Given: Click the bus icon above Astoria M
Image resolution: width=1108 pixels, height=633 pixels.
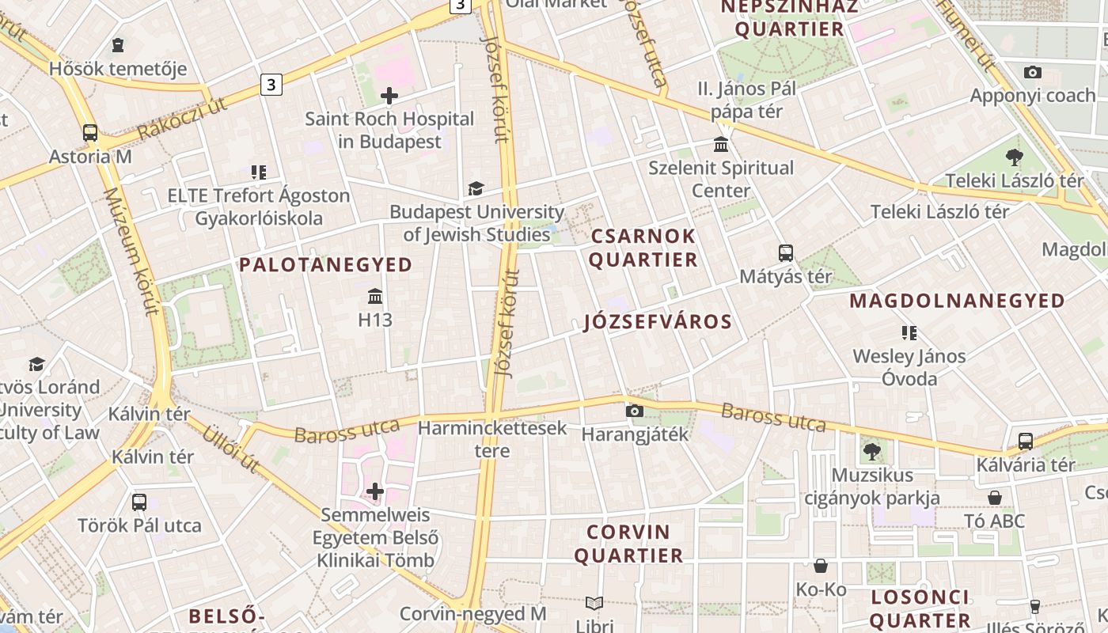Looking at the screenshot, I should pos(90,133).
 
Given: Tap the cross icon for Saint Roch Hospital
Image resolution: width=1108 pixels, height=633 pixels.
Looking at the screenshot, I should pos(389,96).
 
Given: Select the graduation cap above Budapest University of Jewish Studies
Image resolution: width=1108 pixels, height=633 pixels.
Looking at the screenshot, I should pos(476,188).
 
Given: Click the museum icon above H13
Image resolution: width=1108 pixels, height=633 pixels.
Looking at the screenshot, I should pos(375,297).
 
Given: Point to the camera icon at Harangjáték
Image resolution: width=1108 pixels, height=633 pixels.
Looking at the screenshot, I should pos(634,411).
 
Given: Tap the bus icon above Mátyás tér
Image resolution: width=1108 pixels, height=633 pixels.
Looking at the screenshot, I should pos(785,253).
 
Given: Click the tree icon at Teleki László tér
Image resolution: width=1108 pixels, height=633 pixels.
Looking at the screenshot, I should pos(1014,157).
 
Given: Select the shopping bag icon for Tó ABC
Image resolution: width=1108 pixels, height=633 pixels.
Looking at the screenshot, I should pos(995,498).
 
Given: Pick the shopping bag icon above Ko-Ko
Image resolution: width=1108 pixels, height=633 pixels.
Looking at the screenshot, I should pos(821,566).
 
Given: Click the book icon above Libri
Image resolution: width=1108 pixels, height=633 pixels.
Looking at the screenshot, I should pos(594,603).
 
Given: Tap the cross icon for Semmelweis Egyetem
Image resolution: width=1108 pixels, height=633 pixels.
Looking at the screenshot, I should pos(375,491).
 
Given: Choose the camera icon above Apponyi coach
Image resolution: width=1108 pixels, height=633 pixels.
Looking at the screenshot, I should pos(1032,73).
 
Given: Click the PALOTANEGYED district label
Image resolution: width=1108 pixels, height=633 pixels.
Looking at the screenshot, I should pos(326,265).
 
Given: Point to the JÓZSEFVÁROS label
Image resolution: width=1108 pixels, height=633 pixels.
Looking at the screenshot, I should pos(658,322).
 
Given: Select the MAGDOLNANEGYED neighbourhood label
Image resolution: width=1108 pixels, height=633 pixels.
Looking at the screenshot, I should pos(957,301).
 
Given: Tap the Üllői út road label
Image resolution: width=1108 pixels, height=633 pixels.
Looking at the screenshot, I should pos(230,449).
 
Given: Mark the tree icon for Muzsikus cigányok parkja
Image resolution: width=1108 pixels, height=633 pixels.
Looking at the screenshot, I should pos(871,452).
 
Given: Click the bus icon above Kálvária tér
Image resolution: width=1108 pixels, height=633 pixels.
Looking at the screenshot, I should pos(1025,442).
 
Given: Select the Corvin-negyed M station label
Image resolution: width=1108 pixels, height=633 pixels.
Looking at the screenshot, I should pos(472,614).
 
